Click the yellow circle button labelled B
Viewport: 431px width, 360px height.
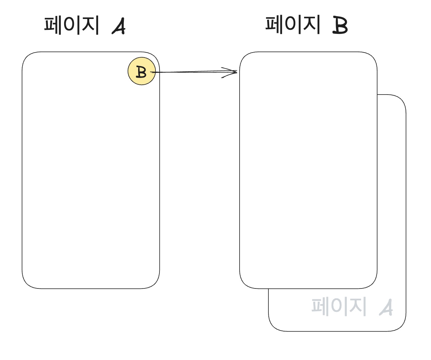pos(142,71)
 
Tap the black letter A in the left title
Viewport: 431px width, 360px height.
pos(119,26)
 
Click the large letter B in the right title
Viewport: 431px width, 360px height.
pos(340,26)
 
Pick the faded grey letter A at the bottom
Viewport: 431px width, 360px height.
pos(386,307)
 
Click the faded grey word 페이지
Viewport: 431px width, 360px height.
pos(339,307)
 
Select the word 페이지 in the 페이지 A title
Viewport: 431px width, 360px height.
pos(72,25)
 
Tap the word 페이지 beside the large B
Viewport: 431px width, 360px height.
pos(293,24)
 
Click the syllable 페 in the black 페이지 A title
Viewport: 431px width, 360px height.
pos(53,25)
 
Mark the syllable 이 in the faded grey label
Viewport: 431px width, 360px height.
pos(339,307)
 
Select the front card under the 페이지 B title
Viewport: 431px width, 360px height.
pos(308,169)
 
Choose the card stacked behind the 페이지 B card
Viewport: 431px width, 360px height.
pos(392,203)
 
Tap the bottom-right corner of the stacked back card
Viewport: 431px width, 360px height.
pos(401,326)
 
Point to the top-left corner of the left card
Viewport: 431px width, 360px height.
pos(27,57)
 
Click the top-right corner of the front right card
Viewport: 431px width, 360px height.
pos(372,57)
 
